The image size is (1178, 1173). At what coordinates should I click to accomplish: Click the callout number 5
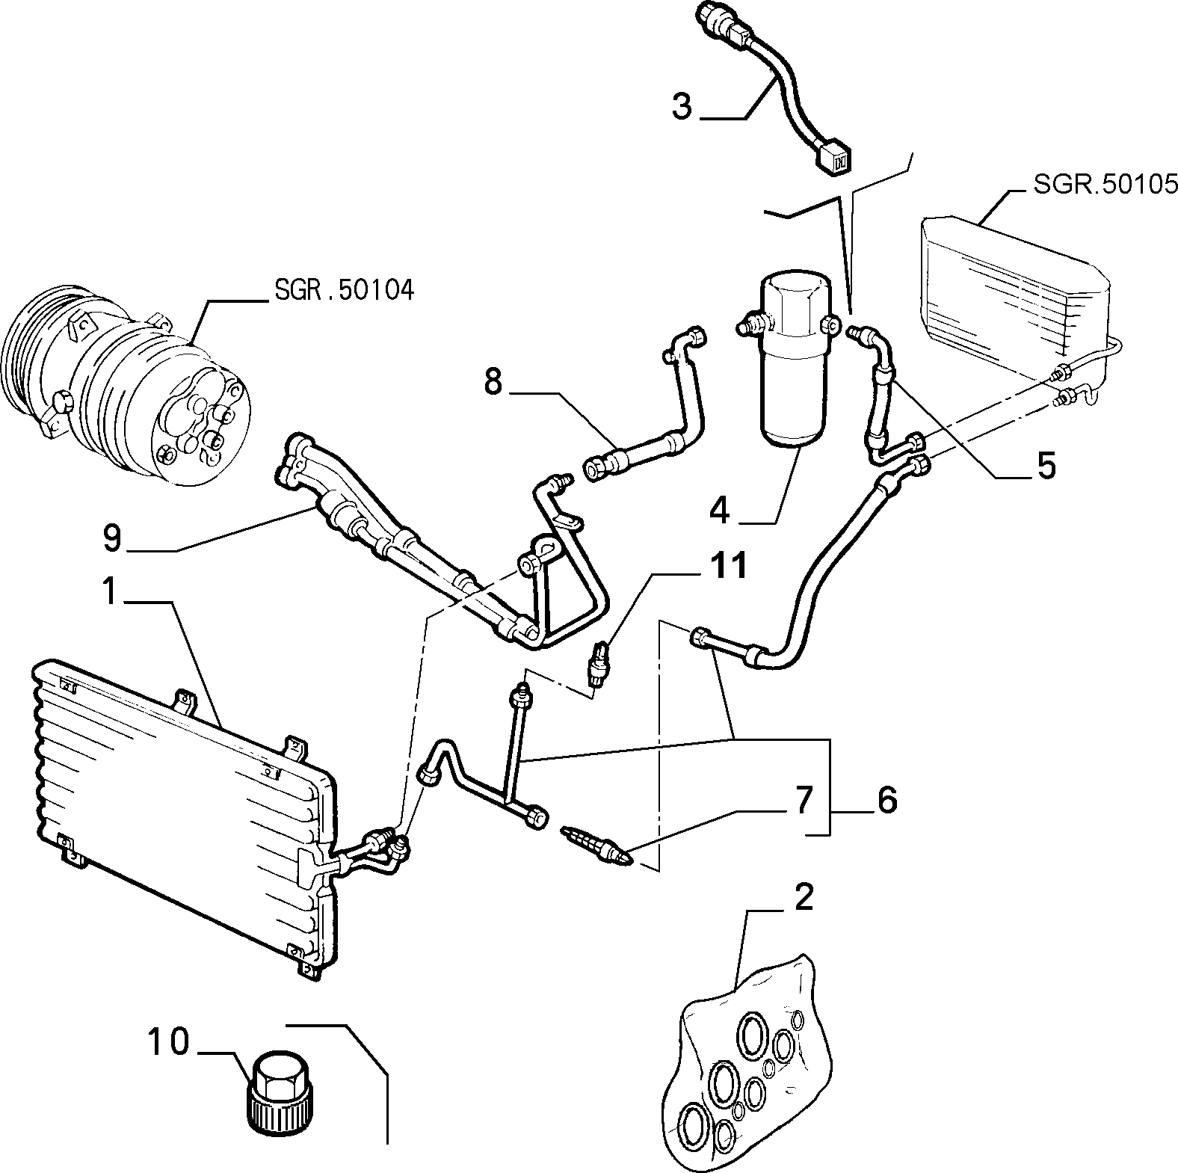click(1046, 465)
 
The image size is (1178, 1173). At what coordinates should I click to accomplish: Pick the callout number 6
click(886, 801)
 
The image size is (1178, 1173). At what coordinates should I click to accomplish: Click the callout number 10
click(168, 1042)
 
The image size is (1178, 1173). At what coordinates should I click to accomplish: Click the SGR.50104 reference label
click(344, 289)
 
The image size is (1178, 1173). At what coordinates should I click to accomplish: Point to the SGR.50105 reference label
click(1105, 183)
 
